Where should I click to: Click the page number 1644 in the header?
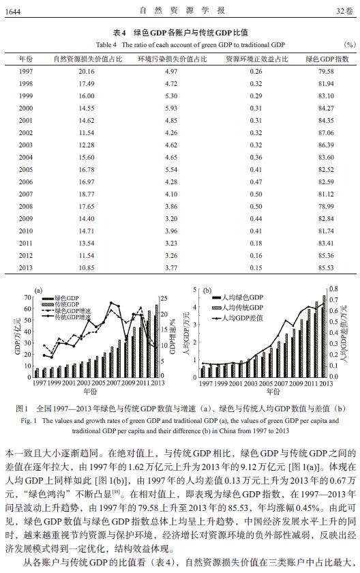click(13, 12)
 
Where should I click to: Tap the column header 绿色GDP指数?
click(327, 59)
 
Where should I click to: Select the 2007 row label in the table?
click(26, 194)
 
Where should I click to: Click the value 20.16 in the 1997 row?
click(87, 71)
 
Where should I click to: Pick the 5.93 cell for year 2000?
click(171, 108)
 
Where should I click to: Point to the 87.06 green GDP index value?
click(326, 132)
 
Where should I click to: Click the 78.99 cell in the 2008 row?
click(326, 207)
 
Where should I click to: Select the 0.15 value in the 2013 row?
click(256, 268)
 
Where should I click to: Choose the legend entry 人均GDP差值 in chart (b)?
click(243, 318)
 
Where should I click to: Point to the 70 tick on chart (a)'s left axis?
click(27, 297)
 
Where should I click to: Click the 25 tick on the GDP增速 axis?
click(164, 299)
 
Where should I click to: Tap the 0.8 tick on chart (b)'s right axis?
click(333, 289)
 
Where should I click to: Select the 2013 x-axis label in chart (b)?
click(326, 383)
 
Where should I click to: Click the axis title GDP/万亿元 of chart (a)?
click(18, 336)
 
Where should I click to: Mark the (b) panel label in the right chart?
click(207, 291)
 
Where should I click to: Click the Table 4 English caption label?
click(106, 45)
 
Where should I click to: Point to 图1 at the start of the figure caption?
click(22, 409)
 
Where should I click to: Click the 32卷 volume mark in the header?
click(345, 11)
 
